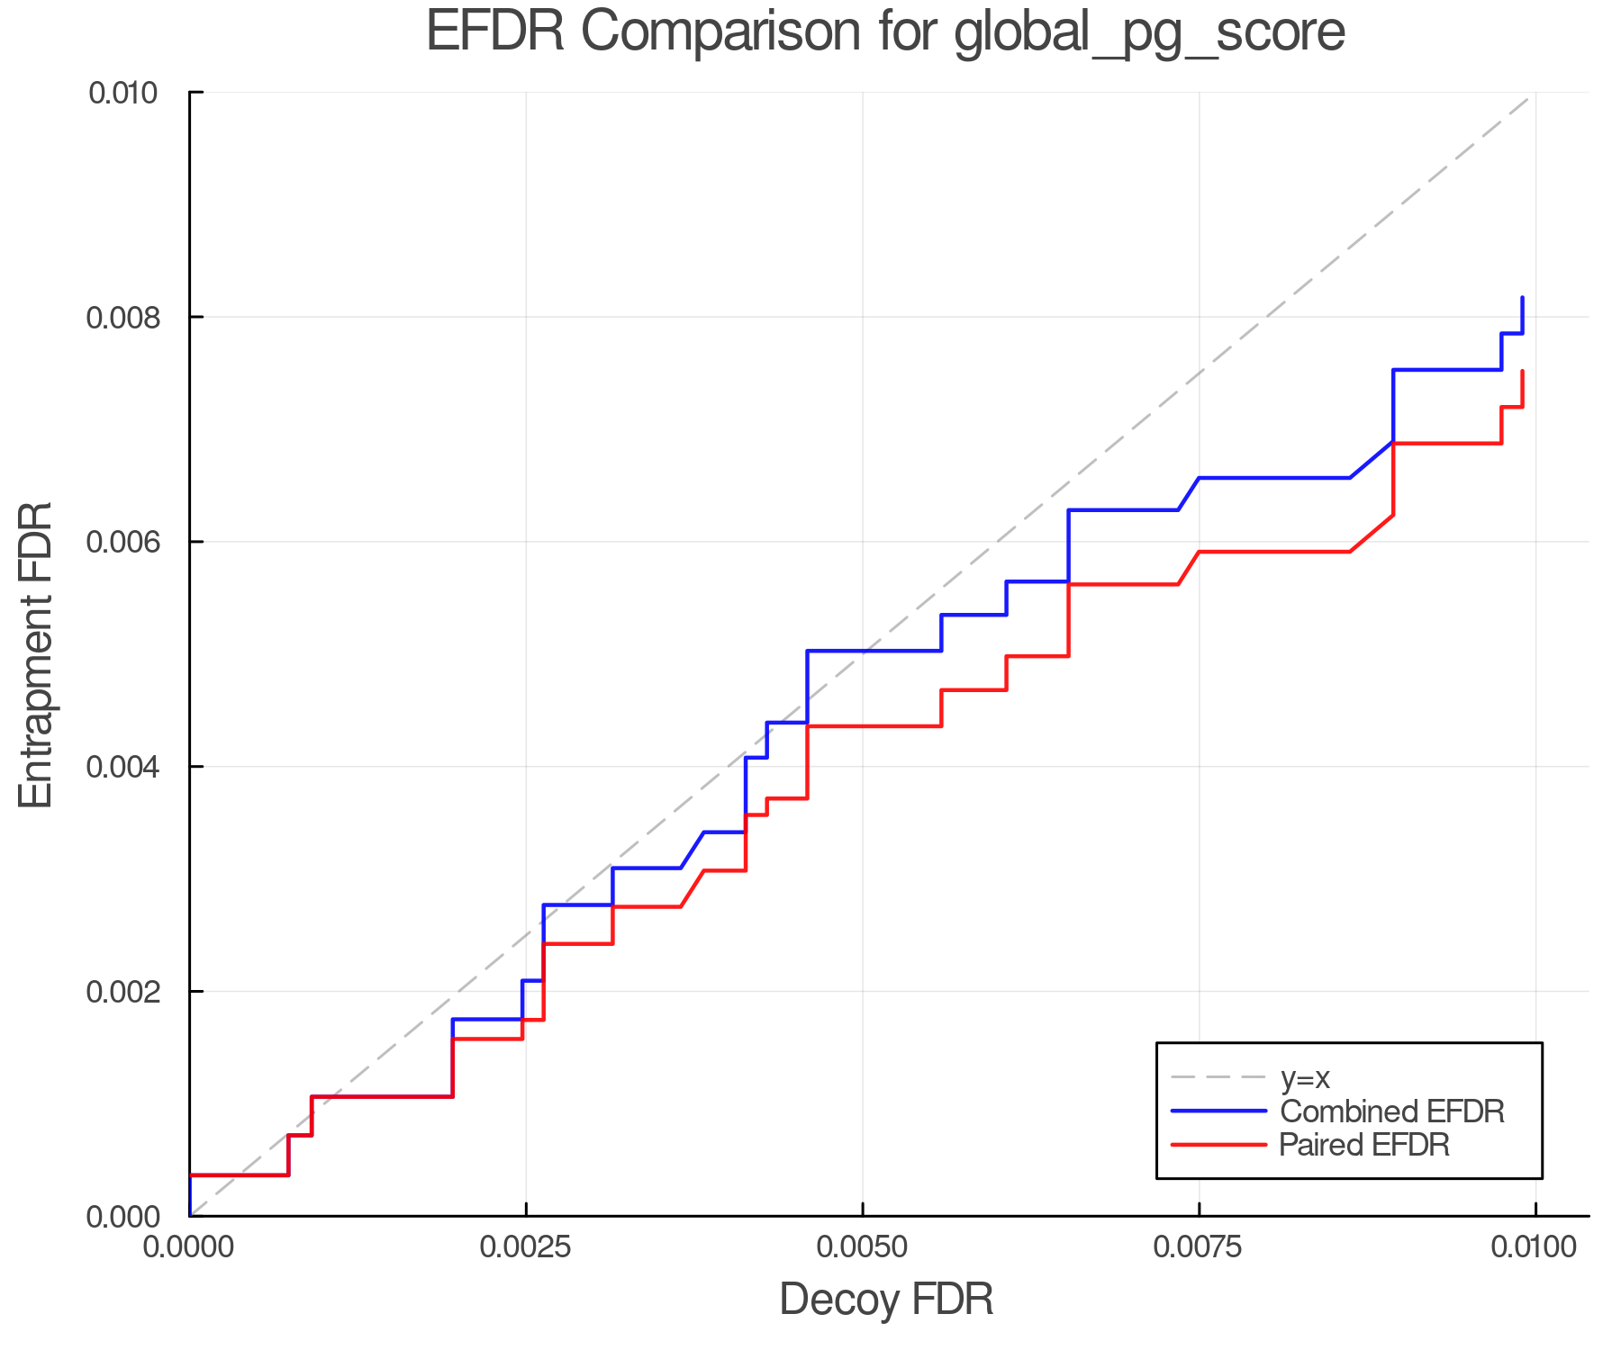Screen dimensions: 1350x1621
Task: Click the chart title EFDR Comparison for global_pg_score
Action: coord(885,32)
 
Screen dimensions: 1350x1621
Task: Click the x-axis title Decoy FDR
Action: coord(885,1299)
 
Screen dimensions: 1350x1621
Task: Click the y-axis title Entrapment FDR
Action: coord(36,654)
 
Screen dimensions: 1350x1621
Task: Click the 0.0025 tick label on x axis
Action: coord(526,1247)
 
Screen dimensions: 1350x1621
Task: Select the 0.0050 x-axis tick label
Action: coord(863,1247)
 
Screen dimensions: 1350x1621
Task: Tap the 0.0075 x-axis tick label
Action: coord(1199,1247)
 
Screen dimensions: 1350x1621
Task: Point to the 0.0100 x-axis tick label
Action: coord(1535,1247)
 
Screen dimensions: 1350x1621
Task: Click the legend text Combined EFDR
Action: coord(1391,1111)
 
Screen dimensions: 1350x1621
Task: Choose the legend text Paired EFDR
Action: coord(1363,1144)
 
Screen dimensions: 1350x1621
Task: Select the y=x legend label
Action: coord(1305,1077)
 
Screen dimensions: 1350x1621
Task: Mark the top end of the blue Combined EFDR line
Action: coord(1522,298)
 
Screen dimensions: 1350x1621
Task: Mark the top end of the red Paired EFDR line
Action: coord(1522,372)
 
